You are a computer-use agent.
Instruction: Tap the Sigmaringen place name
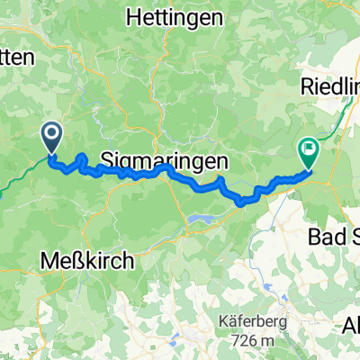[x=163, y=159]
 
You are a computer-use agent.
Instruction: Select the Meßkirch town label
[x=87, y=261]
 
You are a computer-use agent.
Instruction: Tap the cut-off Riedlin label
[x=329, y=88]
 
